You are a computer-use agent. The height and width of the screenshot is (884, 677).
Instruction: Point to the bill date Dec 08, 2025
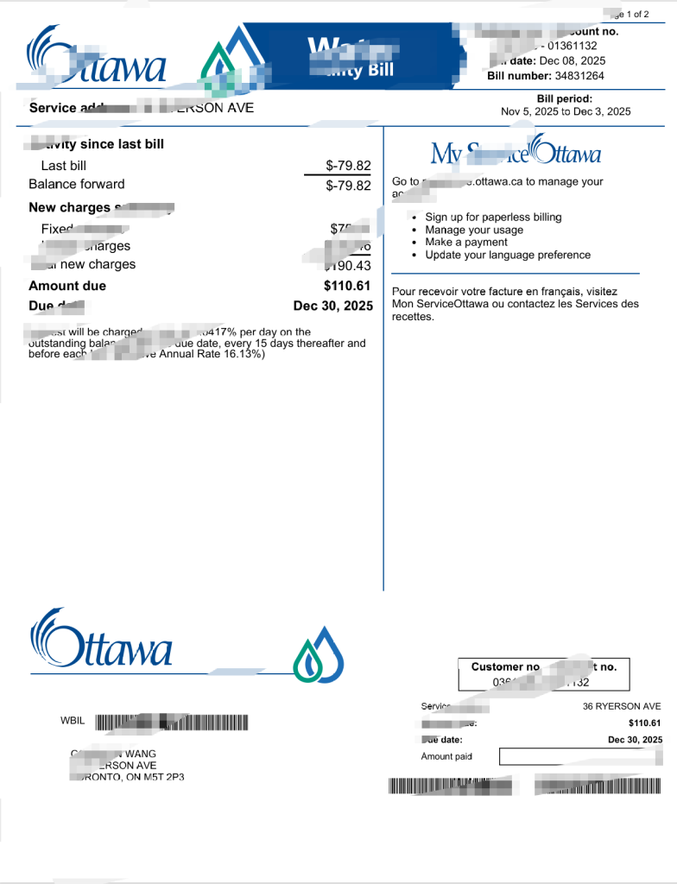[573, 61]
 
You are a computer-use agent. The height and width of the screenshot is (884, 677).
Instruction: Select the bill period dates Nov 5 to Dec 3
[566, 111]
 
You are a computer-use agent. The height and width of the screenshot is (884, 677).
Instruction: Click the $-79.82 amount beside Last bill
[348, 166]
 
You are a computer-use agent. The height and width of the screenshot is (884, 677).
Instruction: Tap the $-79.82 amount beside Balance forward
[348, 185]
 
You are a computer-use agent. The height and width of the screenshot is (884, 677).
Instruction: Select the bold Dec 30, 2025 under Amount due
[333, 306]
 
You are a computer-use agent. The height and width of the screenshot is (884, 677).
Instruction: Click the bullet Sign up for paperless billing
[493, 218]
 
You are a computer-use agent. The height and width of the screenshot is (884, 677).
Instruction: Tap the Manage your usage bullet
[474, 230]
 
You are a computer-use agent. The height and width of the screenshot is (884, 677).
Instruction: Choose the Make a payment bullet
[466, 243]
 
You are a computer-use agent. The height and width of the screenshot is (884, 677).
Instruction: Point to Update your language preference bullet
[508, 256]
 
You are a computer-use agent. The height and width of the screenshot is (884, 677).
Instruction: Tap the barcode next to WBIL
[171, 722]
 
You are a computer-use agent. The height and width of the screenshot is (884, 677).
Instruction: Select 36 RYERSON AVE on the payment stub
[622, 706]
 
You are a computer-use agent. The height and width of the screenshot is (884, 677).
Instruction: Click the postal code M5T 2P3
[164, 778]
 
